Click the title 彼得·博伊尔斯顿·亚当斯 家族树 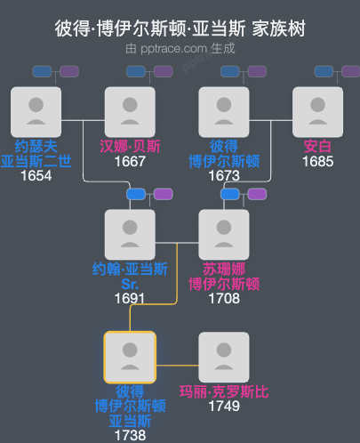[x=180, y=28]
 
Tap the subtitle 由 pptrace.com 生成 [x=180, y=48]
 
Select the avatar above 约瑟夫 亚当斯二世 [x=36, y=111]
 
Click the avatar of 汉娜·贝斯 [x=130, y=111]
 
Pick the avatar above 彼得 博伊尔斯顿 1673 [x=224, y=111]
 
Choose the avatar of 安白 [x=317, y=111]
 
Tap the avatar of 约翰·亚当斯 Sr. [x=130, y=235]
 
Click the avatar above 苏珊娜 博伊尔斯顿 [x=224, y=235]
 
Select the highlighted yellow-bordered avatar [x=130, y=358]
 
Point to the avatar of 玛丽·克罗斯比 [x=224, y=358]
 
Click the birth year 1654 [x=36, y=176]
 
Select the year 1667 [x=130, y=162]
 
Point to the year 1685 [x=317, y=162]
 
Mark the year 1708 [x=224, y=299]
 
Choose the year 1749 [x=224, y=407]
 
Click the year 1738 [x=130, y=436]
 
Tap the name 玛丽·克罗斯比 [x=224, y=391]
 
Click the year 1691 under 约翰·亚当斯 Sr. [x=130, y=299]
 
